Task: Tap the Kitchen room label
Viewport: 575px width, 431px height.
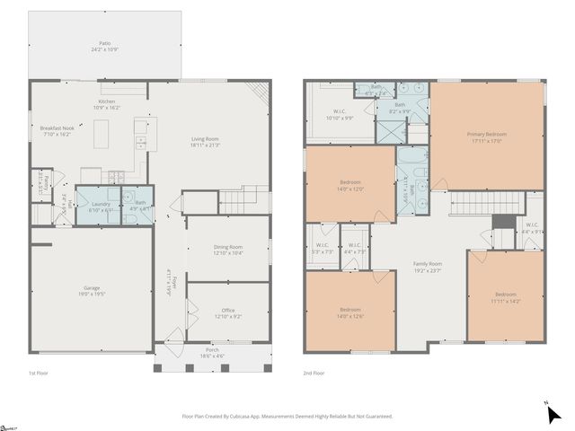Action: tap(106, 101)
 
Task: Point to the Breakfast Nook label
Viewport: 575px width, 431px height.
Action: tap(57, 129)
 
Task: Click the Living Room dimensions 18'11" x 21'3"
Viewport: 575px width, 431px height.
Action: tap(205, 145)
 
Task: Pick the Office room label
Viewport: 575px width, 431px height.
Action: tap(227, 311)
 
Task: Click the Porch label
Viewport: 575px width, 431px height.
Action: tap(212, 349)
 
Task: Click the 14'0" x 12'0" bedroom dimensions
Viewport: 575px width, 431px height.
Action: tap(350, 189)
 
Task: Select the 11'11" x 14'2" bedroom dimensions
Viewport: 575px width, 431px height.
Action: tap(506, 301)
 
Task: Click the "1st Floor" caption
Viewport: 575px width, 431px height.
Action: tap(39, 372)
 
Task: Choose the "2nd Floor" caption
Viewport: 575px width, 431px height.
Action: tap(314, 372)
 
